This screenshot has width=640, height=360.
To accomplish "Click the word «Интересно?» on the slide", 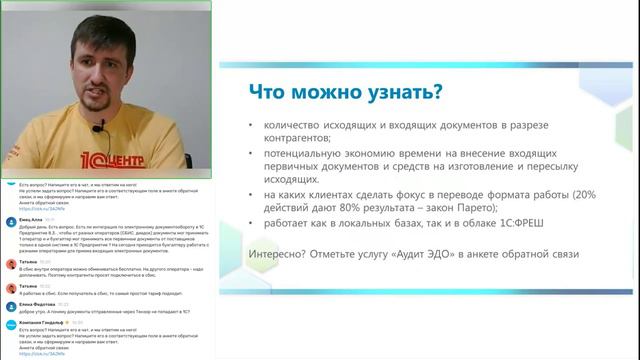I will coord(276,254).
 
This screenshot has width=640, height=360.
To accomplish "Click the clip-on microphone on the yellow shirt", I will coord(98,127).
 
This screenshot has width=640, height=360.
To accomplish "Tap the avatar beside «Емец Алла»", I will coord(10,219).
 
